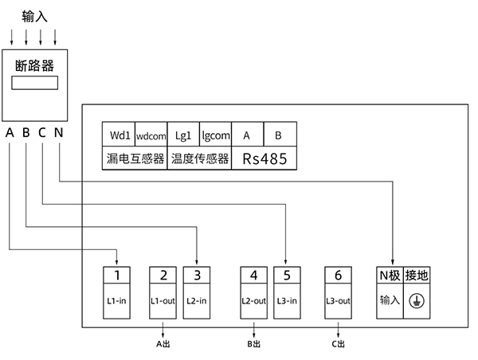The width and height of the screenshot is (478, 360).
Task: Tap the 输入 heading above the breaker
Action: click(34, 15)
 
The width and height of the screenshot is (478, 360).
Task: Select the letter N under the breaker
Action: click(58, 132)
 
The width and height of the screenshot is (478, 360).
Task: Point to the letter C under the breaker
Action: click(41, 132)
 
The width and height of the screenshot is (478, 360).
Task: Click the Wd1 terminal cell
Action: click(119, 135)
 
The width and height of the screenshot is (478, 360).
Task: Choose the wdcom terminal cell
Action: click(151, 135)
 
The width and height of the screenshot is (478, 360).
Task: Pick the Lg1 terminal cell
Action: click(183, 135)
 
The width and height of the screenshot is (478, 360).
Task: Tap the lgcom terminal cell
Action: click(215, 135)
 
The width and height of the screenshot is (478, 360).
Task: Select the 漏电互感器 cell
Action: click(135, 158)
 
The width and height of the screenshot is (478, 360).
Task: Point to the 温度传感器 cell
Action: click(199, 158)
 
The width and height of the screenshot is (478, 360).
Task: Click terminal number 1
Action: click(117, 276)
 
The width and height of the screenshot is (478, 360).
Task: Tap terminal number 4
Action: click(253, 276)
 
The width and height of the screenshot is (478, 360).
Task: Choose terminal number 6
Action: click(339, 276)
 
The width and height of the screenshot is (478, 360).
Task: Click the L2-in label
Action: click(196, 301)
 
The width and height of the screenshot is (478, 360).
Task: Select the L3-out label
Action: click(339, 301)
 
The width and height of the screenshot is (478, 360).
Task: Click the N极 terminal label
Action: click(389, 276)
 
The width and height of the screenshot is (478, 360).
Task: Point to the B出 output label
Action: click(253, 344)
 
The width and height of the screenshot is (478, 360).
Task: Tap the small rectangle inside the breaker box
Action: click(34, 83)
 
